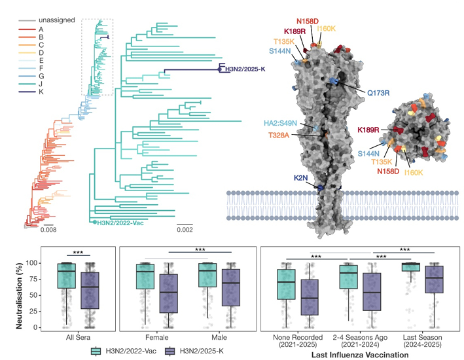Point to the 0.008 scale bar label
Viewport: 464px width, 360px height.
pyautogui.click(x=48, y=230)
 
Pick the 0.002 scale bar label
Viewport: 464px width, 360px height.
pyautogui.click(x=186, y=230)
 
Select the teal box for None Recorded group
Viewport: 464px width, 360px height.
pyautogui.click(x=286, y=281)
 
